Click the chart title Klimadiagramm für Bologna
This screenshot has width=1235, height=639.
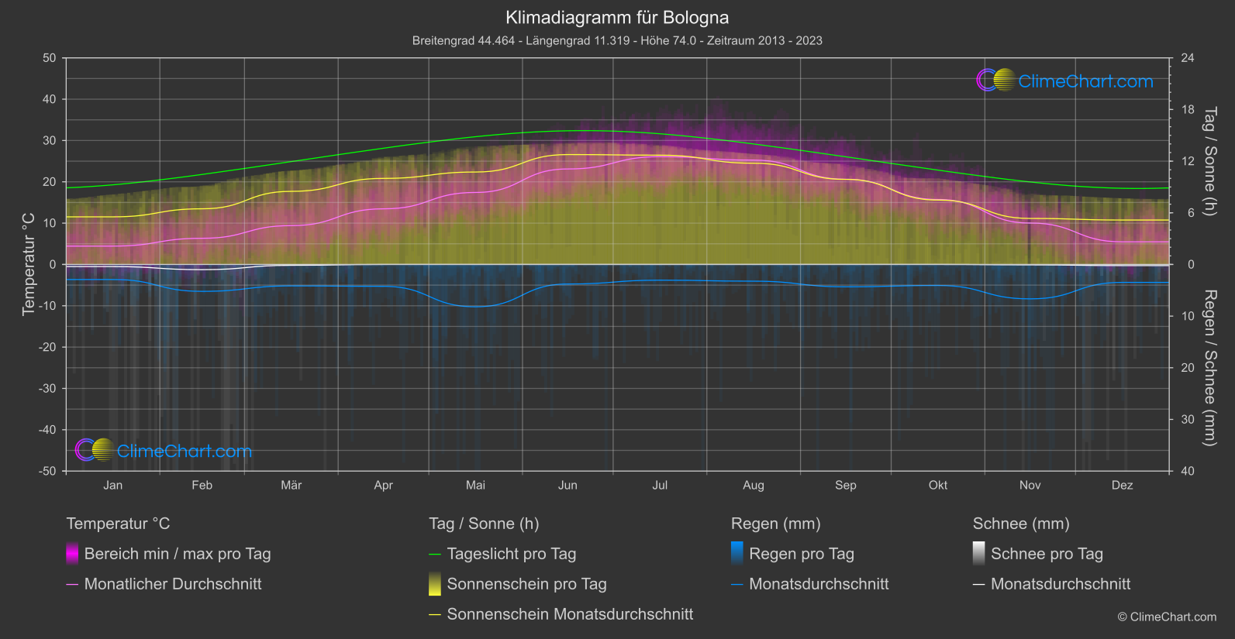[x=617, y=17]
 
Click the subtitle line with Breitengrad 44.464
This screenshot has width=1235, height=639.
[x=617, y=40]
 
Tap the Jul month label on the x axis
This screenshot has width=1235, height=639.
[x=660, y=485]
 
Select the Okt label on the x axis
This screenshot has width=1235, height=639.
[x=938, y=485]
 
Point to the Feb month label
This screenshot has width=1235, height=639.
[x=202, y=485]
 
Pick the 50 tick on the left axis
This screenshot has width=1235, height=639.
[x=50, y=58]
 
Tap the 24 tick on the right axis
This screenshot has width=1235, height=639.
[x=1187, y=58]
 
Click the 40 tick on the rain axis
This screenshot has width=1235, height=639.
[x=1187, y=471]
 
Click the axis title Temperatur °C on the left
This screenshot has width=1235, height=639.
[x=29, y=264]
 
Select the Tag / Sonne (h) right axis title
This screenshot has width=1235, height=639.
[x=1209, y=161]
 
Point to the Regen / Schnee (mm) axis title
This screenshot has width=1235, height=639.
[x=1209, y=368]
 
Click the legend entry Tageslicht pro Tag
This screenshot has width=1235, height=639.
[x=511, y=554]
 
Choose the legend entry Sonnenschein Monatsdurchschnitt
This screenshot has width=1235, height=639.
[x=570, y=614]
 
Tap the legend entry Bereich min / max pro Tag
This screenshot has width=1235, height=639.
[x=178, y=554]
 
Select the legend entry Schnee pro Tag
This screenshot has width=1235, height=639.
[x=1047, y=554]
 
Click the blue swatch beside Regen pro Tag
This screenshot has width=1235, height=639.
[x=737, y=554]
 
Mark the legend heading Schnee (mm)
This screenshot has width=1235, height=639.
[x=1021, y=524]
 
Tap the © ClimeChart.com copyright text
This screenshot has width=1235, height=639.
[x=1167, y=617]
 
